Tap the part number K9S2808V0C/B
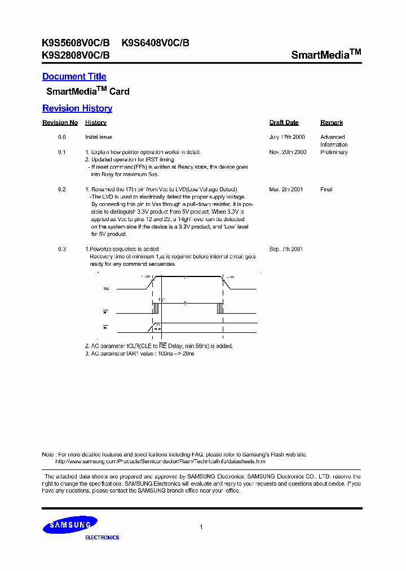tap(76, 55)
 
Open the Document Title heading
tap(74, 77)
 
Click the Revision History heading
tap(77, 108)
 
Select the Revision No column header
tap(60, 122)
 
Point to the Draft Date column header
tap(284, 122)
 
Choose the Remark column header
tap(332, 122)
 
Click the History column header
tap(96, 122)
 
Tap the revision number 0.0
tap(62, 137)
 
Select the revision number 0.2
tap(62, 190)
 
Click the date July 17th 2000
tap(287, 137)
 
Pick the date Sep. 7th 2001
tap(286, 249)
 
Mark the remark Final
tap(326, 190)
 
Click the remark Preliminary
tap(334, 152)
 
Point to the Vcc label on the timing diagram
tap(106, 288)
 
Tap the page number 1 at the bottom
tap(201, 527)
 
